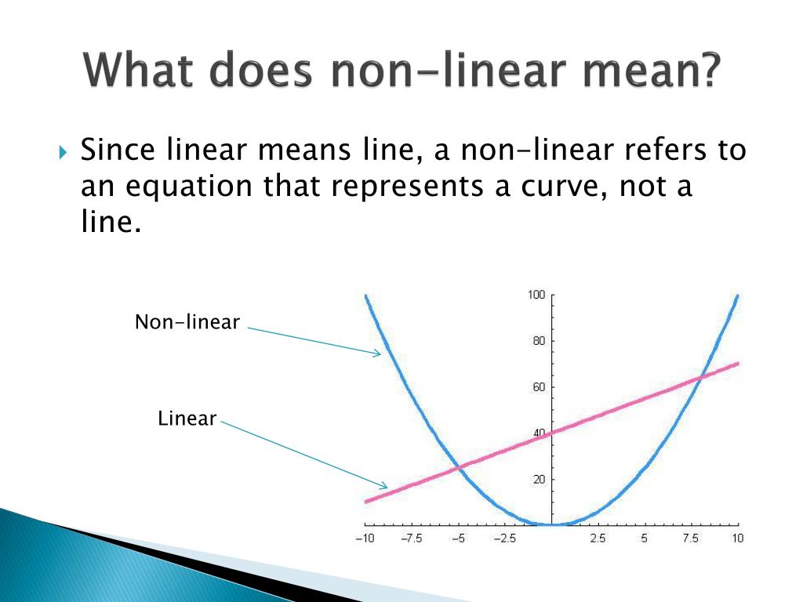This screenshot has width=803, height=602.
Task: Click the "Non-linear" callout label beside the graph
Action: (187, 322)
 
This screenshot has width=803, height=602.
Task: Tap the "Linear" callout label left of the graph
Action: (187, 419)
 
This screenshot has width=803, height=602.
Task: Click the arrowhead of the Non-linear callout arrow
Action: (379, 354)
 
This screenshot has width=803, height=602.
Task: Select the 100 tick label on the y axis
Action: (536, 295)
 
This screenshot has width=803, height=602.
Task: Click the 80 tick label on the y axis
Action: (538, 341)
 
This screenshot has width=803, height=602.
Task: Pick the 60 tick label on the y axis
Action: (538, 387)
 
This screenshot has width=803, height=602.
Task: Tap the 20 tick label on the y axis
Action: (538, 480)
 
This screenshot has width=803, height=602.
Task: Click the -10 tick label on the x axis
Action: (364, 539)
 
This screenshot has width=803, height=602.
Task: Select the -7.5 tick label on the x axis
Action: (411, 539)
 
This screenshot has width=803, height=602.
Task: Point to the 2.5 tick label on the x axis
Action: (598, 539)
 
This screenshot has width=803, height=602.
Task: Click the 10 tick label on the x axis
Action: (737, 539)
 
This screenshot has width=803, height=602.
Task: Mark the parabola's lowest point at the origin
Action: (552, 524)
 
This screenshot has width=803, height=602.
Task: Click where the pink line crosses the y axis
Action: (552, 433)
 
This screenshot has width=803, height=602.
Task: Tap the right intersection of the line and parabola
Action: (700, 377)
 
